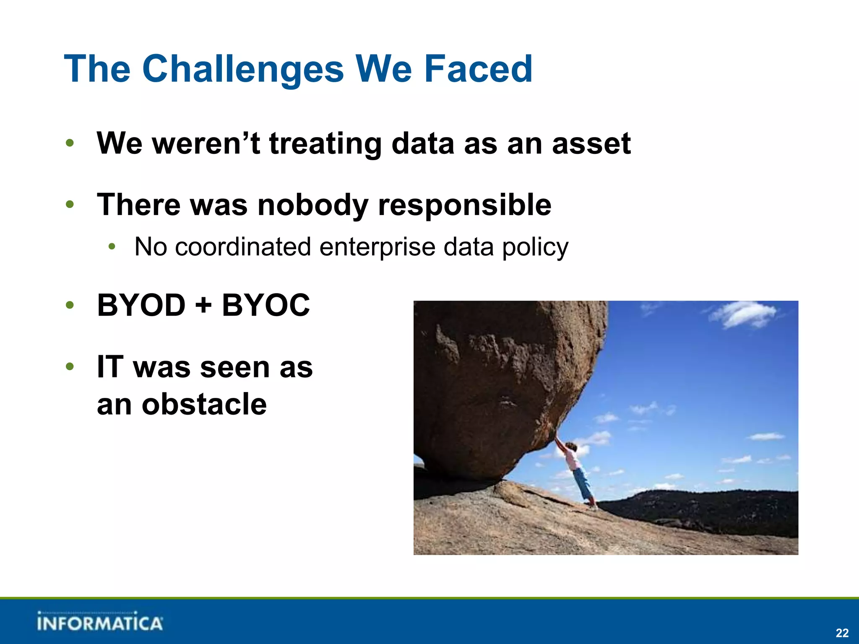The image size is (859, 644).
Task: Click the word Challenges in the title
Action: click(243, 69)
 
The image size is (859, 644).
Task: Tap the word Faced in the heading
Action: click(478, 69)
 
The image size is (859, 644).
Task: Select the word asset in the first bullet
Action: click(591, 144)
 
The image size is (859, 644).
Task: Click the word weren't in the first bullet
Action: click(206, 144)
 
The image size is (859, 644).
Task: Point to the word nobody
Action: click(312, 205)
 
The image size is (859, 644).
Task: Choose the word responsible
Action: click(464, 205)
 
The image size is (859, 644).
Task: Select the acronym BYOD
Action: click(141, 305)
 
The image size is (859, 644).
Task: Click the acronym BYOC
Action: click(266, 305)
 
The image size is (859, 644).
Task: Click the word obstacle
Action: click(204, 405)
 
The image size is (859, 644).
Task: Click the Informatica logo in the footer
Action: click(99, 622)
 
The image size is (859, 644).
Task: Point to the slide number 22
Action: click(842, 633)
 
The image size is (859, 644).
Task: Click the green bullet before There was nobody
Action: click(70, 205)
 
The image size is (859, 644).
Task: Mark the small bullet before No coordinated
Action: click(112, 247)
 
